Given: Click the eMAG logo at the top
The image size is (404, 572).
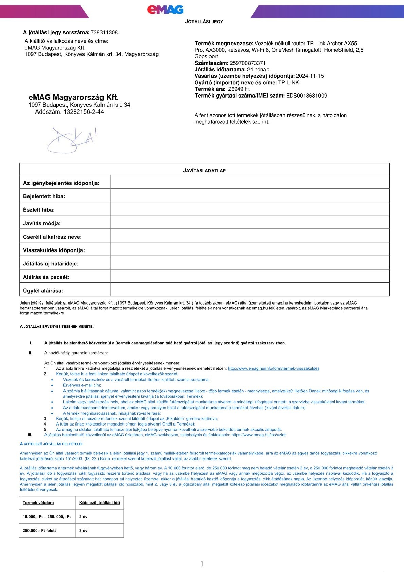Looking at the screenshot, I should point(165,10).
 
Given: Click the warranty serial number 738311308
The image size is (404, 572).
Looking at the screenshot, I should point(104,33).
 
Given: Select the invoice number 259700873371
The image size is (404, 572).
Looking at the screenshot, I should point(247,63).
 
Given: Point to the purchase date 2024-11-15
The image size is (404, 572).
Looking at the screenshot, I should point(310,76).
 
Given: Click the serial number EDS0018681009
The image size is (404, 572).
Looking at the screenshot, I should point(307,96).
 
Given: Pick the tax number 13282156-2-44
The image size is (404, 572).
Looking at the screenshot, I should point(84,112).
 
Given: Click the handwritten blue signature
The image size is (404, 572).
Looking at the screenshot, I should point(71,139).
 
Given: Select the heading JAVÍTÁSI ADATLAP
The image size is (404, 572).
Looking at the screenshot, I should point(204,171).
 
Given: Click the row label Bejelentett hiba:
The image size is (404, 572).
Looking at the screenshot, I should point(44,196).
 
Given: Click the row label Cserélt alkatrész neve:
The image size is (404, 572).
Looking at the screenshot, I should point(52,237).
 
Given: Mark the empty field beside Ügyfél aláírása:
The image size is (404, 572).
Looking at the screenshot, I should point(250,290).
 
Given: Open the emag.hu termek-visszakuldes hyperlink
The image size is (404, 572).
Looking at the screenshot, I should point(274,368).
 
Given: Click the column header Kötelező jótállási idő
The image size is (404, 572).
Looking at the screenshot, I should point(99,503).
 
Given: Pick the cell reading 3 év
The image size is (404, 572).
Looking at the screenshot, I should point(84,531).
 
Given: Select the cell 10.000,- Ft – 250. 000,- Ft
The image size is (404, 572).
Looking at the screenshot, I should point(47,517).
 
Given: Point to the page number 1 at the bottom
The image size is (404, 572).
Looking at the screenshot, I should point(202,564).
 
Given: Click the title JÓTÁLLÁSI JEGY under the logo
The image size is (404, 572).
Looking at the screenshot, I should point(204,22).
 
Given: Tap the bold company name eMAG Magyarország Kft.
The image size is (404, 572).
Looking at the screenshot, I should point(74,98).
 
